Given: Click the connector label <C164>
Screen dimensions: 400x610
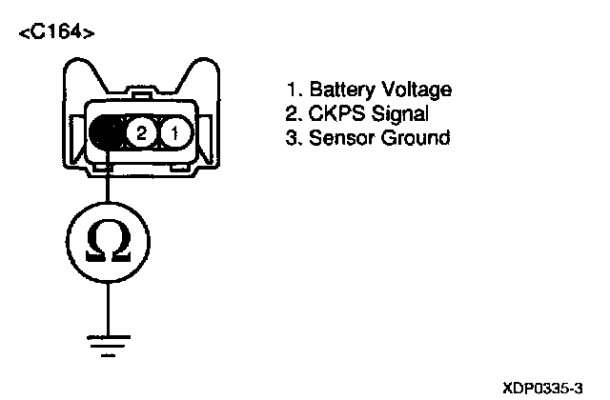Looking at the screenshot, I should (x=56, y=35).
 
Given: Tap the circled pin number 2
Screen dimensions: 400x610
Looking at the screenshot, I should (x=141, y=132).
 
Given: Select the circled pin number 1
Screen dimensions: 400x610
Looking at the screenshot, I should (x=174, y=132).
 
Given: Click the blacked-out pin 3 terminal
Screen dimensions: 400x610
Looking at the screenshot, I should (x=107, y=132).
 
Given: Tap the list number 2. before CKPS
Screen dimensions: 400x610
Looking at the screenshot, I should (x=294, y=114).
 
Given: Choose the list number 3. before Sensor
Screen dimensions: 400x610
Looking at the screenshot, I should (x=294, y=139).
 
